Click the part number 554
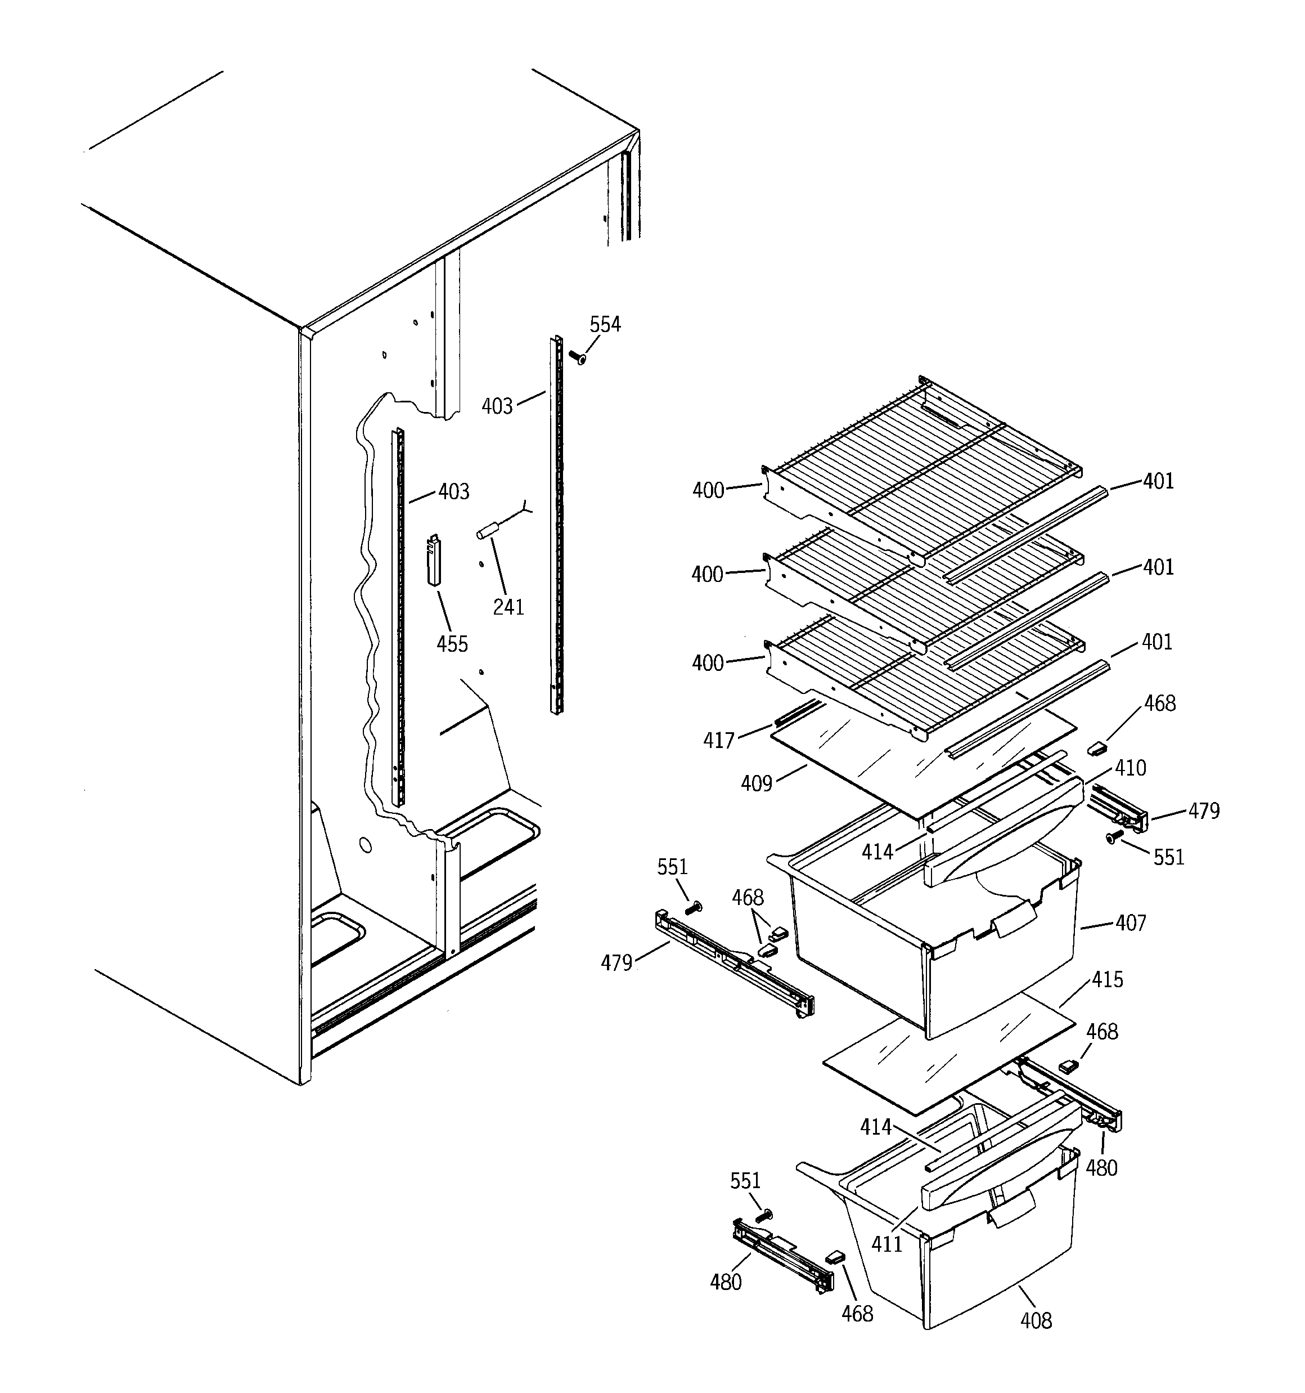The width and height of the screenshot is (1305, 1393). (605, 324)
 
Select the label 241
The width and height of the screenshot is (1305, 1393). (508, 607)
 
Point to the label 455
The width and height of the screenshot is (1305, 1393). (452, 644)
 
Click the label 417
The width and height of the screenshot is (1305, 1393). (719, 741)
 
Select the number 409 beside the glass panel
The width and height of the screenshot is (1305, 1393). (757, 783)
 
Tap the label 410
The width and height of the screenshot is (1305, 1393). (1130, 768)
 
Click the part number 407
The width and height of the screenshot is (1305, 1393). (1131, 923)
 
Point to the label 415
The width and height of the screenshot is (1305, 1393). (1107, 979)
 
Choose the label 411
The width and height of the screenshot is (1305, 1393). (887, 1244)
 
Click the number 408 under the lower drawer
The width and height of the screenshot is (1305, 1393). (1036, 1321)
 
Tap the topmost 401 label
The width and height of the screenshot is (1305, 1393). (1158, 481)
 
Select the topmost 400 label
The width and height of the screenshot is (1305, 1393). (708, 490)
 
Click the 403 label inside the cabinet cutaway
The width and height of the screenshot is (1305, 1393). (454, 492)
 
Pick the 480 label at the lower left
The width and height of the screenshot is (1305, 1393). (726, 1282)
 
